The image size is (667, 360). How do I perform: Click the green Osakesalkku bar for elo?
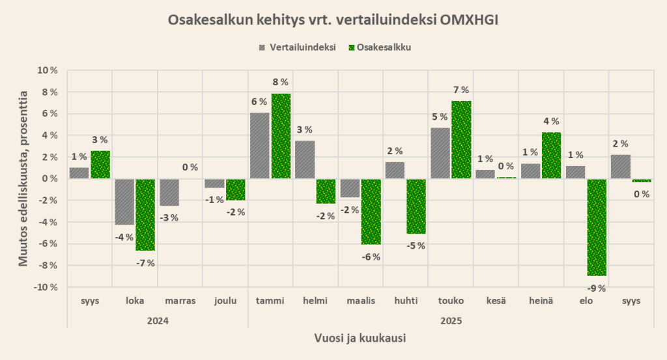click(597, 227)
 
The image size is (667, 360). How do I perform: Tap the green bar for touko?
click(461, 140)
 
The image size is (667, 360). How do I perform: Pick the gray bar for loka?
click(124, 202)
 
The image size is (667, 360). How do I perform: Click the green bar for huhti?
click(416, 206)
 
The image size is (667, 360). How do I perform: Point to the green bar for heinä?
click(551, 156)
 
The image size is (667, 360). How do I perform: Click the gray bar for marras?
click(169, 192)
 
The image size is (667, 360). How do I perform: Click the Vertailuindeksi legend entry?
click(298, 47)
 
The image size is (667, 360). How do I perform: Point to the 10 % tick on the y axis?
click(47, 70)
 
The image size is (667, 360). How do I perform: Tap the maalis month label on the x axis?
click(360, 301)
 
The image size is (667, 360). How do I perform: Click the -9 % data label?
click(596, 288)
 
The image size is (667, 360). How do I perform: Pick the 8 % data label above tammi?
click(281, 82)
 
